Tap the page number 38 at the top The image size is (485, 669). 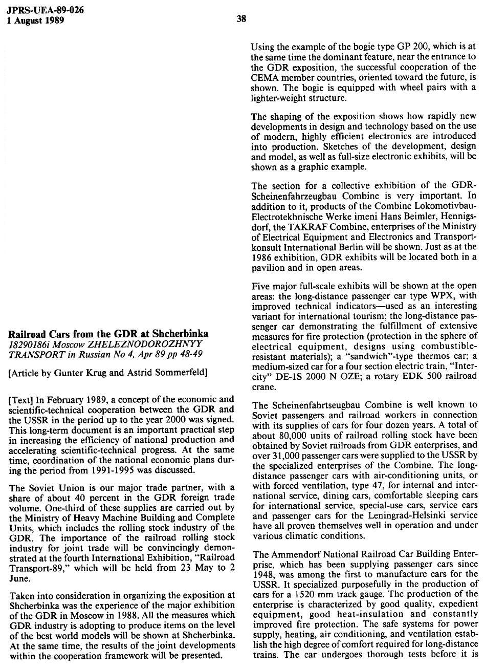click(242, 19)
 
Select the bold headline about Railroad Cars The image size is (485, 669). click(108, 334)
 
